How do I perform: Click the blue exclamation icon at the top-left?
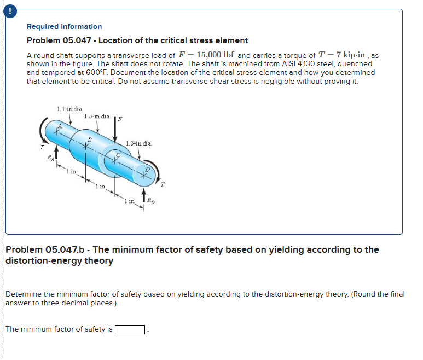coord(5,5)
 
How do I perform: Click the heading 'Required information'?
coord(65,26)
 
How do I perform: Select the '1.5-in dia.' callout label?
coord(97,116)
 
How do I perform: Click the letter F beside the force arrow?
coord(121,118)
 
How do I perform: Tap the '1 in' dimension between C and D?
coord(130,201)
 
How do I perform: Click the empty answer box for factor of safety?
coord(130,329)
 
